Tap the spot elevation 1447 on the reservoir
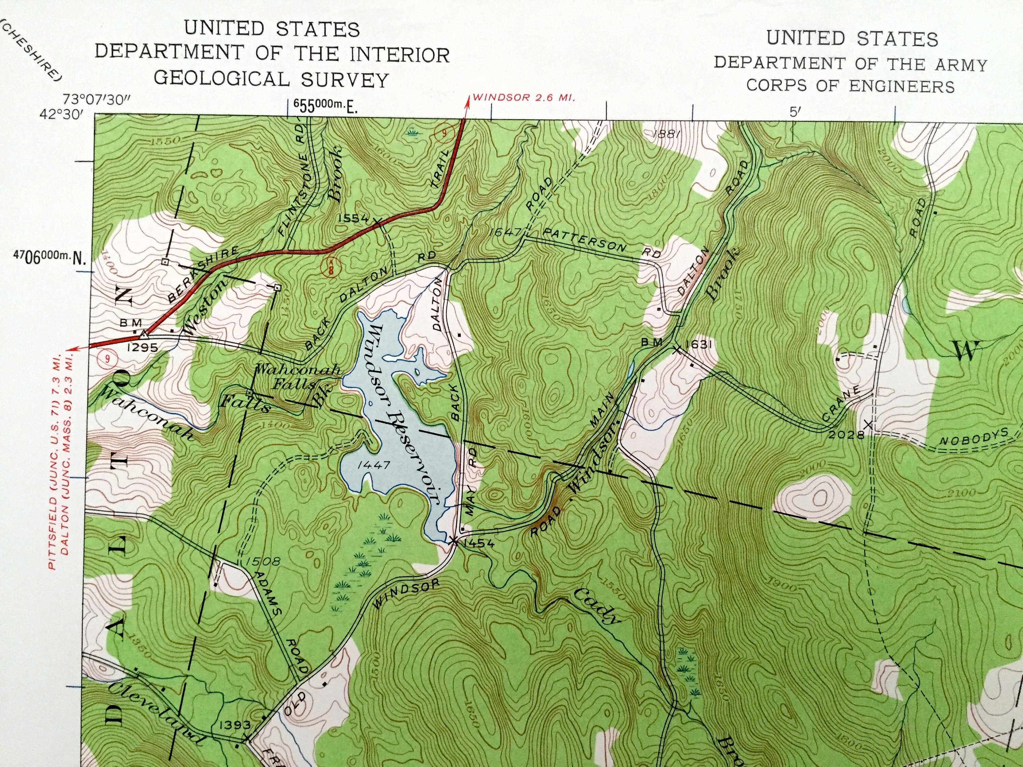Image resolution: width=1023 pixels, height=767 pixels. tap(372, 465)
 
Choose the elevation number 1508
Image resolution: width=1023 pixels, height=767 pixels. tap(264, 562)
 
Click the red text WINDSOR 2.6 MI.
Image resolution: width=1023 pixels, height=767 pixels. tap(523, 99)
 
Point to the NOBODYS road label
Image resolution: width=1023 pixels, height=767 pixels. tap(973, 436)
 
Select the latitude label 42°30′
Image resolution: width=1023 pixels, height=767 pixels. tap(61, 114)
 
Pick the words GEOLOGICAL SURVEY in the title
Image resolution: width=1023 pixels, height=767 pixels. tap(271, 79)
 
